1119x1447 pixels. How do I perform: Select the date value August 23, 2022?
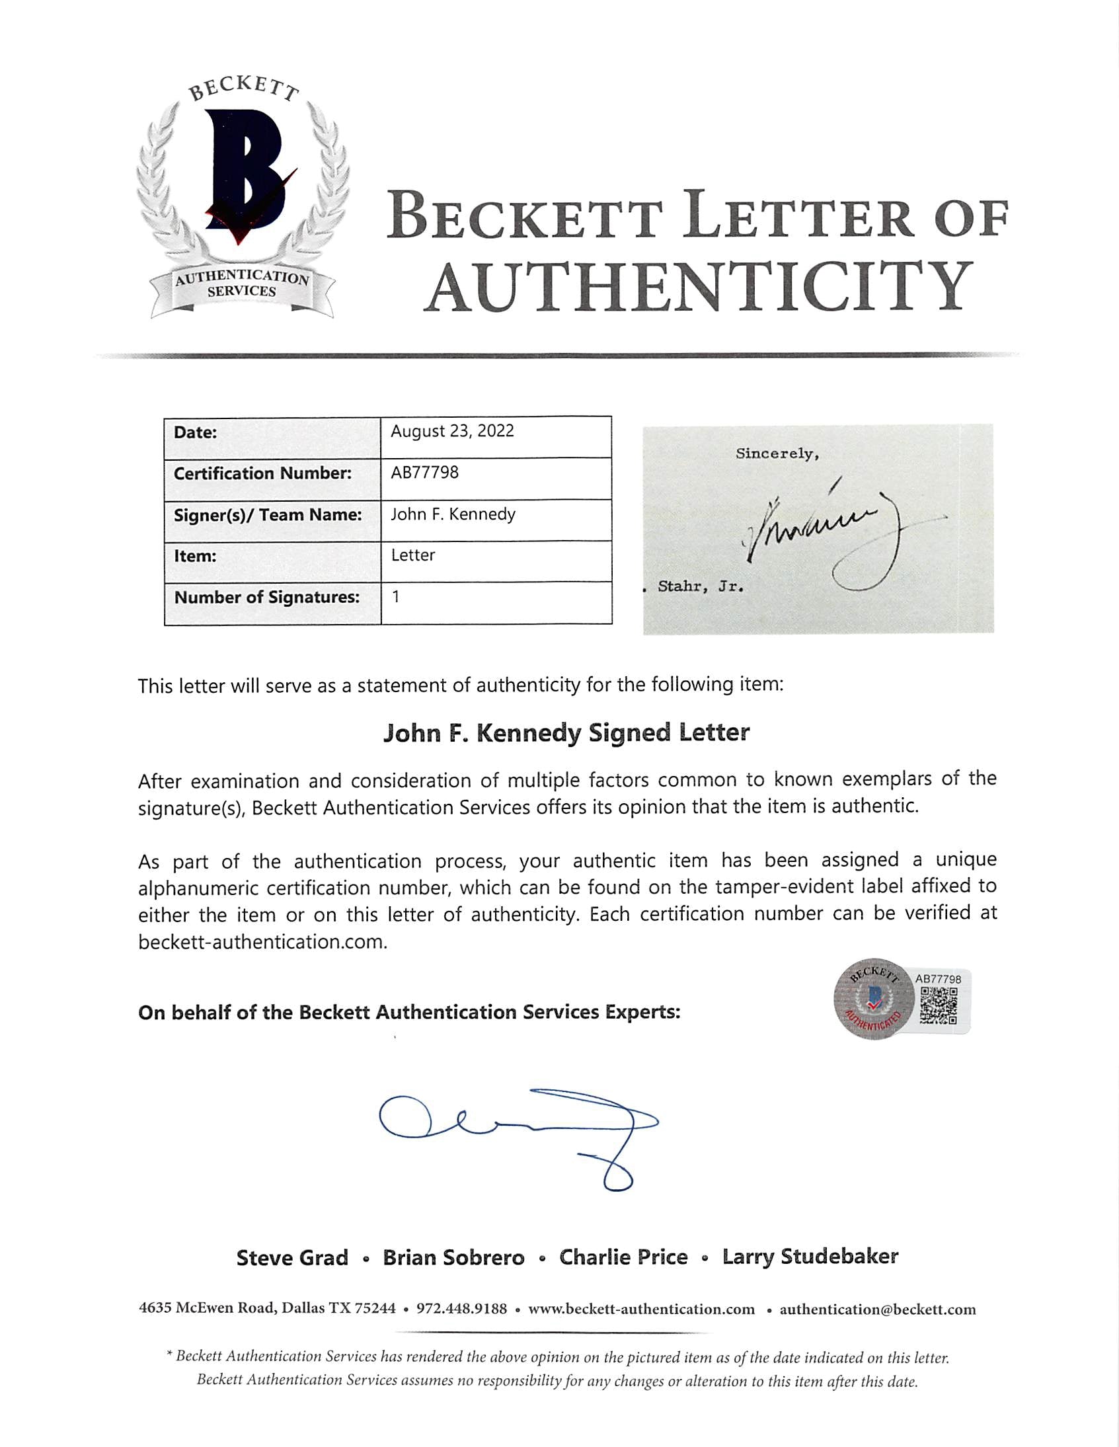[453, 431]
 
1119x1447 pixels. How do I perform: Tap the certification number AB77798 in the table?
[425, 473]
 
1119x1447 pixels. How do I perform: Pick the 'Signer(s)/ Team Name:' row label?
[268, 515]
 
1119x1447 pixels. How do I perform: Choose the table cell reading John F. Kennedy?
[453, 514]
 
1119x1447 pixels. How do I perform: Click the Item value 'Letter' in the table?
[412, 555]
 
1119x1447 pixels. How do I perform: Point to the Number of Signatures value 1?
[395, 596]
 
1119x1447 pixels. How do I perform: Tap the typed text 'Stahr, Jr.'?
[701, 586]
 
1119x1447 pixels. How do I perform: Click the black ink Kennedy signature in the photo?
[828, 537]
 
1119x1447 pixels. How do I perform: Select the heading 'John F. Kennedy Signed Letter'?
[566, 733]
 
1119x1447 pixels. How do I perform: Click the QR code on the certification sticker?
[939, 1005]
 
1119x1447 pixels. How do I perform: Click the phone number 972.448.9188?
[461, 1310]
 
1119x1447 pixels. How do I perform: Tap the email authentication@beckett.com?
[877, 1310]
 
